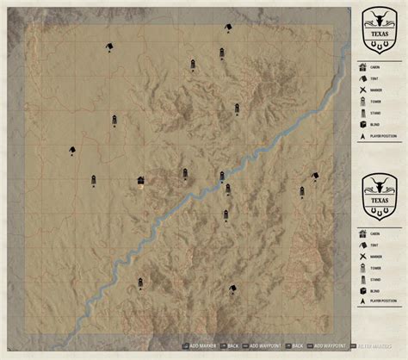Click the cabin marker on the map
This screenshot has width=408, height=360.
(x=140, y=180)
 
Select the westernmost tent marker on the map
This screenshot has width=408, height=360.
(x=71, y=150)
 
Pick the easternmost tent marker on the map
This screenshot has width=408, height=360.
(x=315, y=176)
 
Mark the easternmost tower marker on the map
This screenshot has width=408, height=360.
(x=301, y=191)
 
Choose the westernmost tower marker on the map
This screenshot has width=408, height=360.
(x=92, y=181)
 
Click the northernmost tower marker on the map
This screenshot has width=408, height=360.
(x=222, y=53)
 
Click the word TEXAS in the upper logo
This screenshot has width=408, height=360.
(x=378, y=36)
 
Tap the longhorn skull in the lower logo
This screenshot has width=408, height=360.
(x=378, y=183)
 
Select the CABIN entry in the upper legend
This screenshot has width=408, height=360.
(x=375, y=65)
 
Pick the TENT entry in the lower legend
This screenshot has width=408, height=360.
(x=375, y=244)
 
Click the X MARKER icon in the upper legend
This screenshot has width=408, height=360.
(x=362, y=89)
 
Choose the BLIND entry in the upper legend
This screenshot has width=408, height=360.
(x=375, y=124)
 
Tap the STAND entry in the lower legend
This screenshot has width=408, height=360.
(x=375, y=280)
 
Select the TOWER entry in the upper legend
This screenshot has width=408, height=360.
(x=375, y=100)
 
